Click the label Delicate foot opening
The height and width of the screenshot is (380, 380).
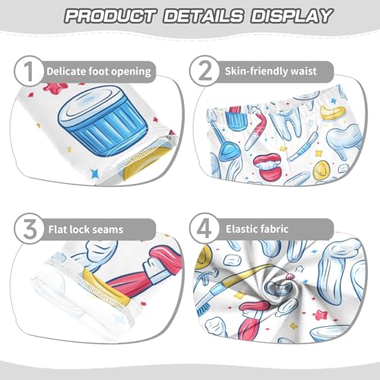point(99,71)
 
